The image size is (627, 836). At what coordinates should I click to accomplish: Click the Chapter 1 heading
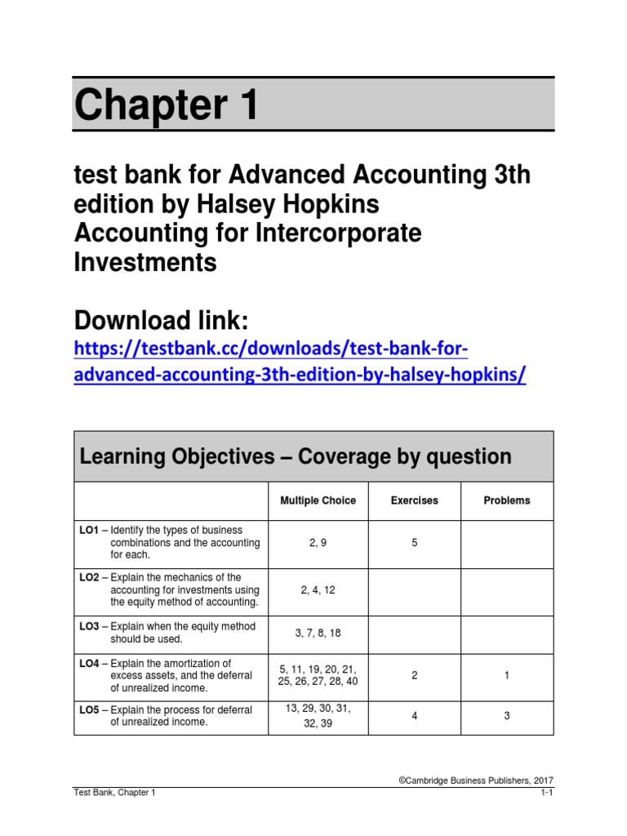click(x=167, y=105)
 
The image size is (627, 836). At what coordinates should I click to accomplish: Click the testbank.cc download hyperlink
click(x=300, y=362)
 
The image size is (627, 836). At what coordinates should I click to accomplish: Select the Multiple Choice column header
click(x=318, y=500)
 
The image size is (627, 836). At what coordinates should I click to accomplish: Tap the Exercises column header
click(x=414, y=500)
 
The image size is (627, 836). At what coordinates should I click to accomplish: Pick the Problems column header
click(x=507, y=500)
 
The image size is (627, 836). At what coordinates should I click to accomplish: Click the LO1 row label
click(x=89, y=530)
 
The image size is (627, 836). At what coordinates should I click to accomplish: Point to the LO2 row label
click(x=89, y=577)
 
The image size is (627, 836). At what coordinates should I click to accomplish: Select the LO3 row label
click(x=89, y=626)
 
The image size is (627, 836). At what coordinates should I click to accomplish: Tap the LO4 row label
click(x=89, y=663)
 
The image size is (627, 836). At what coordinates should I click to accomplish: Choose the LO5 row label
click(x=89, y=709)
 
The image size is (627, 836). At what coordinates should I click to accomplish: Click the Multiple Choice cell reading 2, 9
click(x=318, y=542)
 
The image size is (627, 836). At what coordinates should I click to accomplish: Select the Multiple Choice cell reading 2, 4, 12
click(x=318, y=589)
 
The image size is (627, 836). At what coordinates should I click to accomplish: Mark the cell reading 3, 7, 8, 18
click(x=318, y=632)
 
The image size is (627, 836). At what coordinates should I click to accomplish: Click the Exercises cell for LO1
click(x=414, y=542)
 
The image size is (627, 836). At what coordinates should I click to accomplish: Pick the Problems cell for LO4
click(x=507, y=675)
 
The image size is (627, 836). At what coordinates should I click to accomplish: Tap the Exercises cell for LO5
click(x=414, y=716)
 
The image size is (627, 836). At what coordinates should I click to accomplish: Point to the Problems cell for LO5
click(x=507, y=716)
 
